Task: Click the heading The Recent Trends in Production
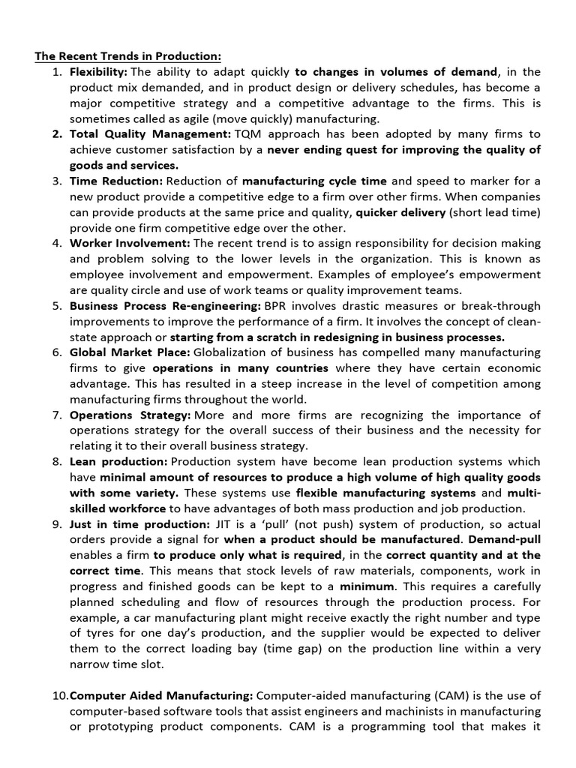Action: tap(128, 56)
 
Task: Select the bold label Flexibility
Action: tap(98, 72)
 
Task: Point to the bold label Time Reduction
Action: tap(115, 181)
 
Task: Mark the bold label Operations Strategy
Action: tap(130, 415)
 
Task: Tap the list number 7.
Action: tap(57, 415)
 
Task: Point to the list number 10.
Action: tap(60, 696)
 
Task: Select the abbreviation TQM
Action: tap(250, 134)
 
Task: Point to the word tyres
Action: tap(97, 634)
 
